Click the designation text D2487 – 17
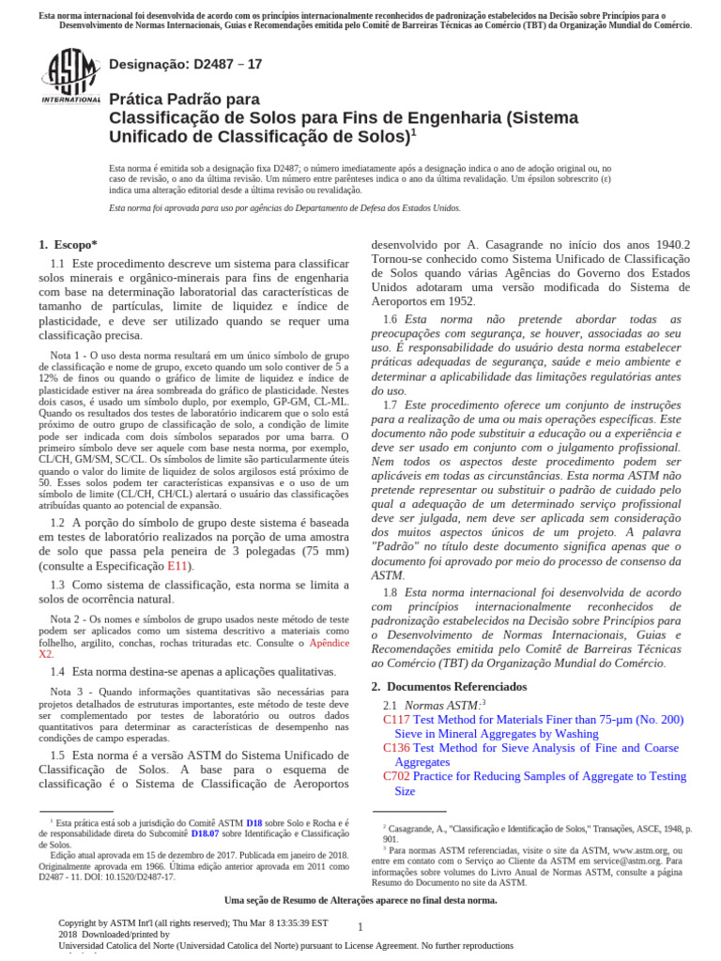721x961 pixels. [x=186, y=65]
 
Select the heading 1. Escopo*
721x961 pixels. [x=68, y=245]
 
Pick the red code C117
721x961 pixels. [x=396, y=720]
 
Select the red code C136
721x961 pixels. [x=396, y=748]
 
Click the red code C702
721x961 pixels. [x=396, y=776]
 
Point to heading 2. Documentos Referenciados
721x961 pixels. [x=449, y=687]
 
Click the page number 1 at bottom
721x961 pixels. [x=360, y=927]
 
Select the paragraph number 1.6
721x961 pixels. [x=390, y=320]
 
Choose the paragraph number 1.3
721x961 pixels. [x=57, y=585]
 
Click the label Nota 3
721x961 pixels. [x=67, y=692]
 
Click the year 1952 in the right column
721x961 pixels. [x=459, y=301]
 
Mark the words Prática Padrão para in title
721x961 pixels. [x=185, y=99]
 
